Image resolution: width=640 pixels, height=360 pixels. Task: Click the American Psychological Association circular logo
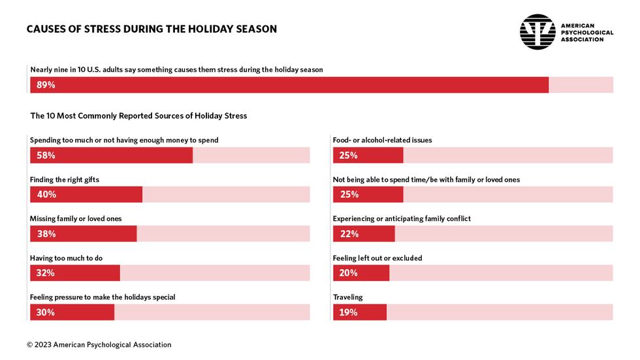tap(537, 32)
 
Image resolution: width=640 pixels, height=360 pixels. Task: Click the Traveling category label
tap(347, 297)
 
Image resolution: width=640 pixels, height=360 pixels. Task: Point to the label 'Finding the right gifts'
tap(65, 179)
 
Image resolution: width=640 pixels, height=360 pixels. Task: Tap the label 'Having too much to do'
tap(66, 258)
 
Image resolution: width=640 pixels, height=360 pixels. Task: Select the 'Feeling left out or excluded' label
tap(377, 258)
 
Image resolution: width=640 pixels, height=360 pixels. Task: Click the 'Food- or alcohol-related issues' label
tap(382, 140)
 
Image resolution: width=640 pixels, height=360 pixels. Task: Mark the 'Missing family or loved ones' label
tap(76, 218)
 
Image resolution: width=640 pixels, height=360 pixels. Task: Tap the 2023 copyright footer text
tap(99, 344)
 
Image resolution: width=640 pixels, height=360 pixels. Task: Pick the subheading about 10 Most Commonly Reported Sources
tap(138, 116)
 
